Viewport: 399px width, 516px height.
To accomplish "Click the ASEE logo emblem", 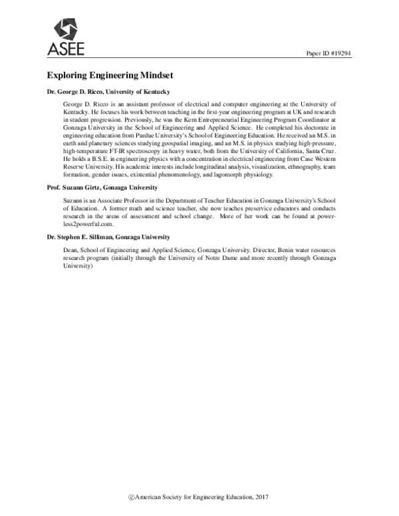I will [66, 29].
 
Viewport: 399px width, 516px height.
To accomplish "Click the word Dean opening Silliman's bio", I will [70, 247].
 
